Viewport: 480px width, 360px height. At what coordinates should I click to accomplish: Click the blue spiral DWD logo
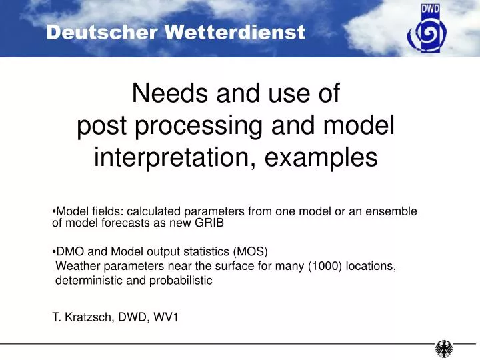coord(432,32)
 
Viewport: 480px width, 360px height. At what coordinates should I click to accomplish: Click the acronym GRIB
coord(209,223)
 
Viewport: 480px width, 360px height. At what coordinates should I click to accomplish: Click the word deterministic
coord(89,281)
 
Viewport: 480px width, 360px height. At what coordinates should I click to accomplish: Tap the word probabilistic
coord(179,281)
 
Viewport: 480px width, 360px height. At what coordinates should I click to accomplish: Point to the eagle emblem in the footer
coord(444,348)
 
